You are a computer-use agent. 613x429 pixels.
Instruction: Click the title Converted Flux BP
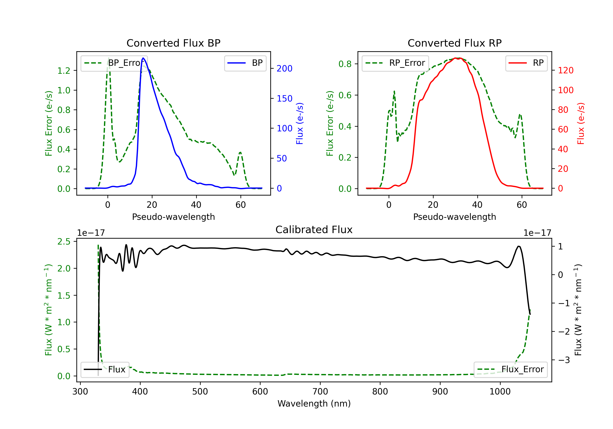(x=173, y=43)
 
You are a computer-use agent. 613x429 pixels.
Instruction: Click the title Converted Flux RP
(x=454, y=43)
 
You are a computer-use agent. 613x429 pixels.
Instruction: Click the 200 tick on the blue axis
(x=284, y=69)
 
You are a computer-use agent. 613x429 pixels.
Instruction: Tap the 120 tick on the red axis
(x=565, y=70)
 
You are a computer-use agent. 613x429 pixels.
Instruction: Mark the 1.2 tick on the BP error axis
(x=64, y=71)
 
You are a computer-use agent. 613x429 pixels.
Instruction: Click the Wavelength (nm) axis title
(x=314, y=404)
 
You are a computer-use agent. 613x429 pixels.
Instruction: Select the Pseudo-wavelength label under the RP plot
(x=454, y=217)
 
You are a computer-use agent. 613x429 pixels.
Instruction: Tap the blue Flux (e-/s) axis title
(x=300, y=123)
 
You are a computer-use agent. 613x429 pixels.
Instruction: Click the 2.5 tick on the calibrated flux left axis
(x=64, y=242)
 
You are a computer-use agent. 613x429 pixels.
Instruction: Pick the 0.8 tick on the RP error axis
(x=345, y=64)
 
